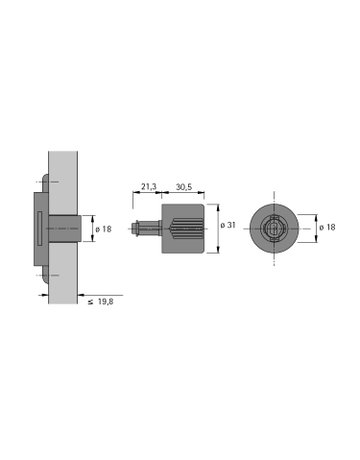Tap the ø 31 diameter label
(229, 228)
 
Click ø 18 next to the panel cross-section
(104, 228)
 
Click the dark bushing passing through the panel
(64, 228)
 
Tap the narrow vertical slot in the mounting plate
(39, 228)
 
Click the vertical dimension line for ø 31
(218, 228)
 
